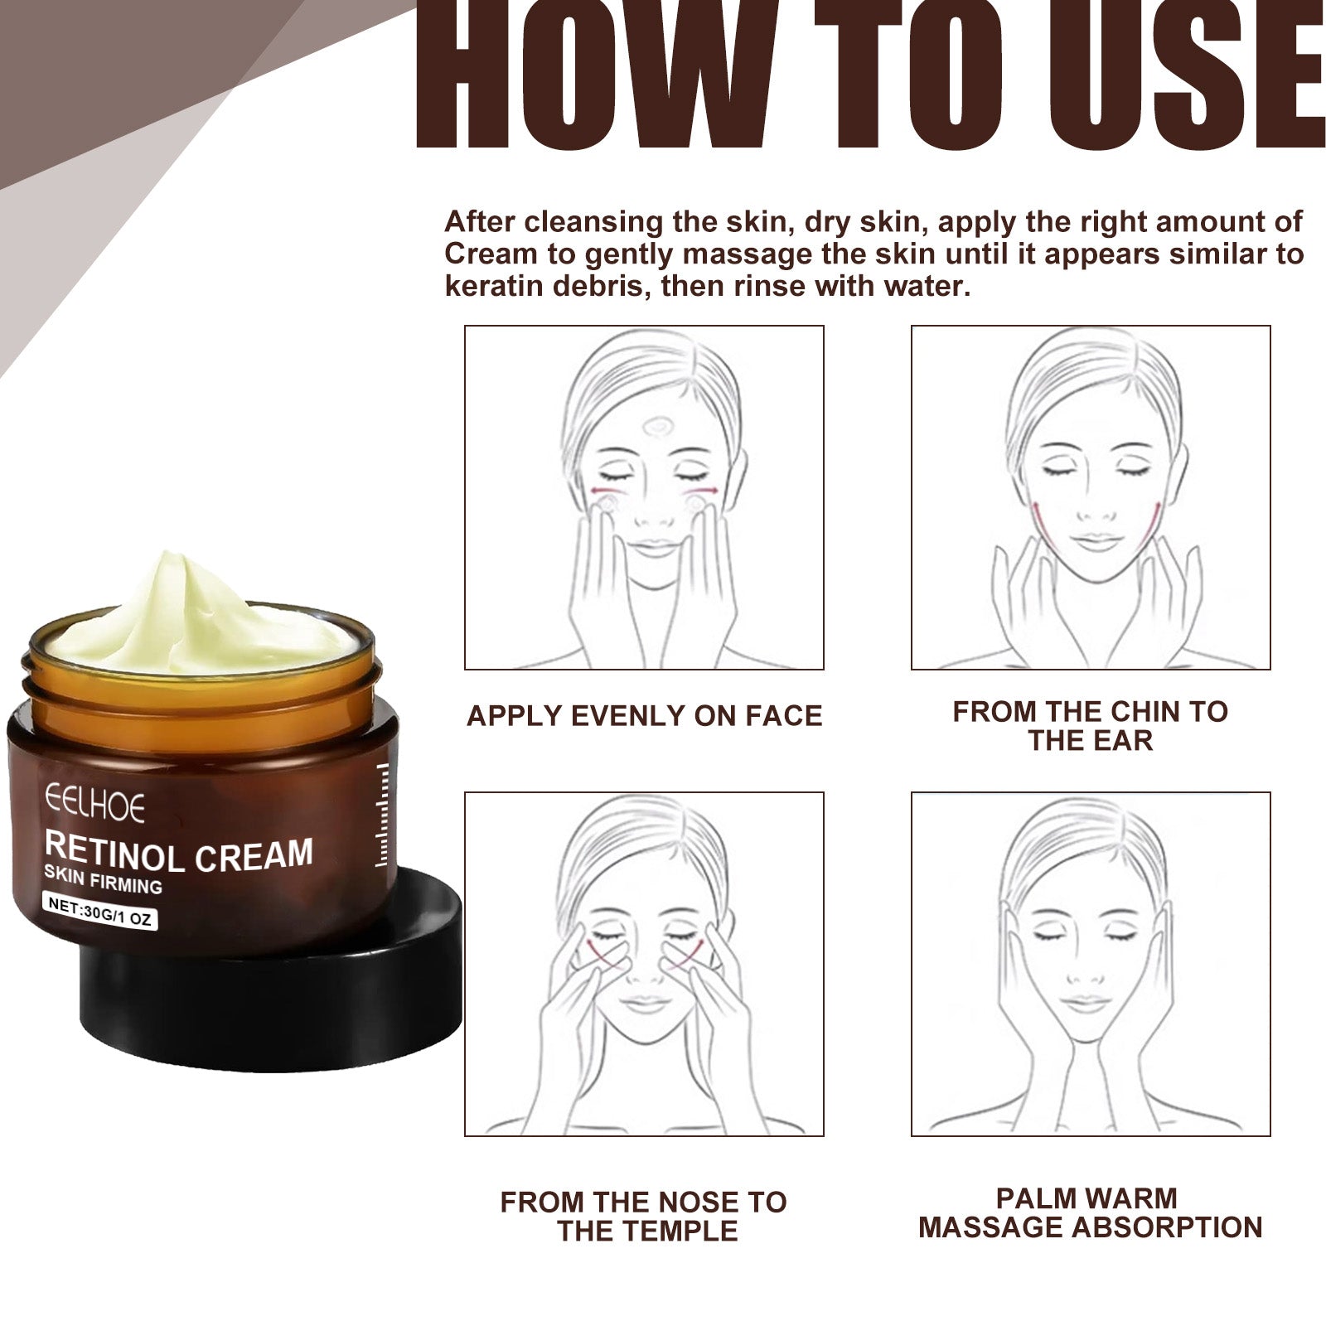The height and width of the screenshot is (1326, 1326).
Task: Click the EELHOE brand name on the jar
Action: (94, 806)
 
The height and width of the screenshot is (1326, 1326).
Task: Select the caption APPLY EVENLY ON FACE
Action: (644, 715)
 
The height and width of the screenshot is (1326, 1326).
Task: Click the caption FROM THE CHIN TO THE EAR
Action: (1090, 725)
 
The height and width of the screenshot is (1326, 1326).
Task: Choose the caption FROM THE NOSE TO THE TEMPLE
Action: (644, 1216)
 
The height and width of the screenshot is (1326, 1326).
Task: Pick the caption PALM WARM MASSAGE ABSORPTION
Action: (1090, 1212)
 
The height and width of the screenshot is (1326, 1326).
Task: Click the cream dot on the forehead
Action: (660, 427)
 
